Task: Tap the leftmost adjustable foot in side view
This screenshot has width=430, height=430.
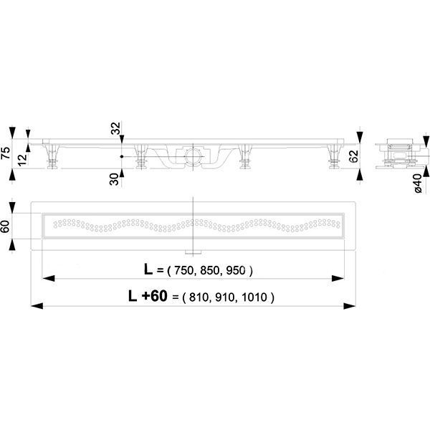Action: click(53, 159)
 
